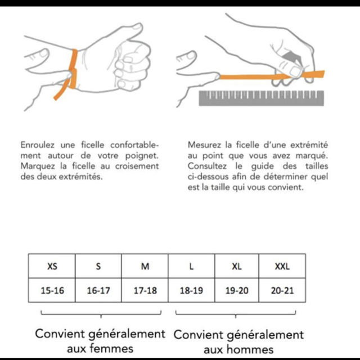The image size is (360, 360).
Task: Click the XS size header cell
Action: click(52, 266)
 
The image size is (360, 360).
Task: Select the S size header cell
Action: click(98, 266)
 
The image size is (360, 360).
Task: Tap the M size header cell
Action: click(145, 266)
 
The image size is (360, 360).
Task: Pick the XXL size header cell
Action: click(282, 266)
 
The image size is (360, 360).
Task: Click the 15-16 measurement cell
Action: click(52, 290)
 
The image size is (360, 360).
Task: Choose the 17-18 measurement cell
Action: click(145, 290)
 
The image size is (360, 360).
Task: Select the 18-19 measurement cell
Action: click(191, 290)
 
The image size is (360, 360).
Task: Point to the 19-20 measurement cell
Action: click(237, 290)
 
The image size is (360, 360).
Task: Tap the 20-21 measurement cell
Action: click(282, 290)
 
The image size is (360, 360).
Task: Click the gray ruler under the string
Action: click(261, 98)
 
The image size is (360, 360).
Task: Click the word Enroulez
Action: click(38, 145)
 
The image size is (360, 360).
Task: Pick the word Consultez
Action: click(207, 166)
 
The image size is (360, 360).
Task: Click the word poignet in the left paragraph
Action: click(142, 156)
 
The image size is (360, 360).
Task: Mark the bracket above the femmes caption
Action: click(101, 313)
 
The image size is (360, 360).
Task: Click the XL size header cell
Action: click(237, 266)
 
